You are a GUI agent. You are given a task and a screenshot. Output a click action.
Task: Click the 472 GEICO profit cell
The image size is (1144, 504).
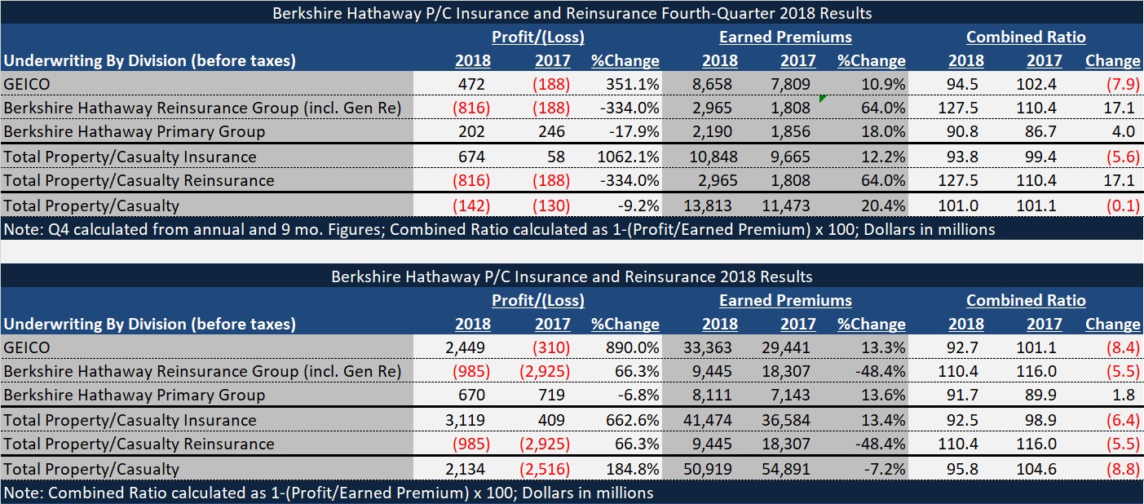(x=472, y=84)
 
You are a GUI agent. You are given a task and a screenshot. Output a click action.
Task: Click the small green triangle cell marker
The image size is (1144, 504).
(x=822, y=98)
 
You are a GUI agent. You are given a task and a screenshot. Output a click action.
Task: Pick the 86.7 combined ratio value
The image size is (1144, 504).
(x=1045, y=131)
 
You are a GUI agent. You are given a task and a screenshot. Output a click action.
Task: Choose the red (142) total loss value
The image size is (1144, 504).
(x=472, y=206)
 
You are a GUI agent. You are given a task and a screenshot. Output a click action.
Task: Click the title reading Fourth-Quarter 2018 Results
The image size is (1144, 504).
(x=571, y=13)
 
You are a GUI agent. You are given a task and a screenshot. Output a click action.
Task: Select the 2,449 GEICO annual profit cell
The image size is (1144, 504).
(x=467, y=347)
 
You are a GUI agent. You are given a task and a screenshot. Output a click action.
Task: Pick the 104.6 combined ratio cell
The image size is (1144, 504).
(x=1045, y=469)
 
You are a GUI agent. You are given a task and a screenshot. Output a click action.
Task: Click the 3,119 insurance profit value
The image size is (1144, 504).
(x=467, y=420)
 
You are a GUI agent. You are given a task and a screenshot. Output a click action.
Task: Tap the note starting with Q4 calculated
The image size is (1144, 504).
(x=499, y=229)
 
